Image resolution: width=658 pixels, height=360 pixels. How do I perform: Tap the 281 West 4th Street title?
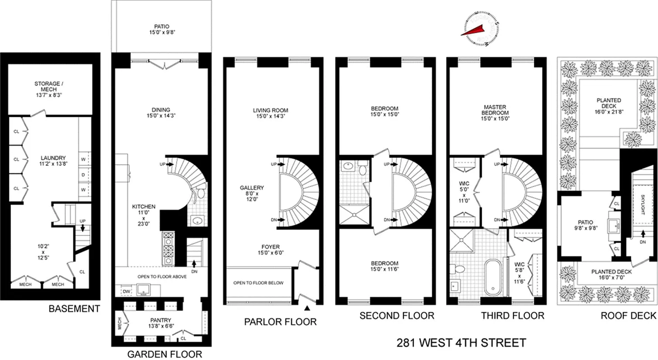coord(461,343)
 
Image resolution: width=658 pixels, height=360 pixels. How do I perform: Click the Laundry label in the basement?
coord(54,161)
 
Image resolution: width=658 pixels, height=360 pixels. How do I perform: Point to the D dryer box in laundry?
coord(83,174)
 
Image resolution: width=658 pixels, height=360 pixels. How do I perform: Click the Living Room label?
coord(270,113)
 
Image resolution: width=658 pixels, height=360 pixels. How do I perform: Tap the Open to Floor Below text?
coord(258,283)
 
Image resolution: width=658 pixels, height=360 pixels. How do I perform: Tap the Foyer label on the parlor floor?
coord(270,250)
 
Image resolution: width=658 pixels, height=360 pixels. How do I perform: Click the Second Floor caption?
coord(397,316)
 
